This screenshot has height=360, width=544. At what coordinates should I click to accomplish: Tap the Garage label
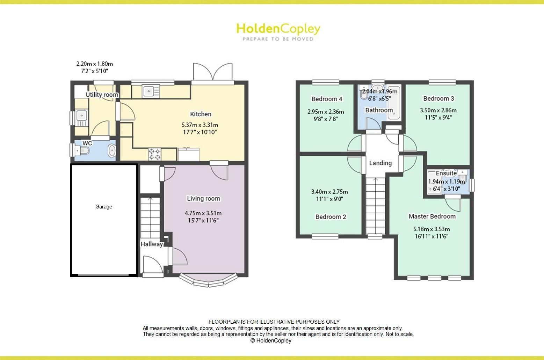(x=104, y=207)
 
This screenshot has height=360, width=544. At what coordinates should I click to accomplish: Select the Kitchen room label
(x=201, y=114)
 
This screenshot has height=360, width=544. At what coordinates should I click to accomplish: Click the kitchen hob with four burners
(x=155, y=154)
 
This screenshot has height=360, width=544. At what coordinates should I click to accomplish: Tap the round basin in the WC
(x=111, y=150)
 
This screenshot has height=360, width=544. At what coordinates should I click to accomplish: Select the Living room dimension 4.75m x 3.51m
(x=203, y=213)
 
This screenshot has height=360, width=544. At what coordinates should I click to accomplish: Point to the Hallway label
(x=152, y=244)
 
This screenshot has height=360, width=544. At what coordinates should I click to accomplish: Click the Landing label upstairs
(x=380, y=163)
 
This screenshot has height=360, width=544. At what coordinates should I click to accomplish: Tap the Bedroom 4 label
(x=327, y=99)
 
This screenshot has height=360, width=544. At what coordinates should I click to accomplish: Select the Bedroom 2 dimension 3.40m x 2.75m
(x=329, y=192)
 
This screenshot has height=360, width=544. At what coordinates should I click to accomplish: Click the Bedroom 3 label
(x=438, y=98)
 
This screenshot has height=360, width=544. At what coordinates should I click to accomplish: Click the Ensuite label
(x=446, y=173)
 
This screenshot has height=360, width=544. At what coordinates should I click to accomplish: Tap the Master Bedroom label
(x=432, y=216)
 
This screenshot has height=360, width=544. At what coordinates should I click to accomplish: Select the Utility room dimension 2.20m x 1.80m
(x=94, y=64)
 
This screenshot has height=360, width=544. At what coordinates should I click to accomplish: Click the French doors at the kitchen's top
(x=212, y=73)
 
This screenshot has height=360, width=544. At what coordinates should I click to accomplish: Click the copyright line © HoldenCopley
(x=271, y=340)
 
